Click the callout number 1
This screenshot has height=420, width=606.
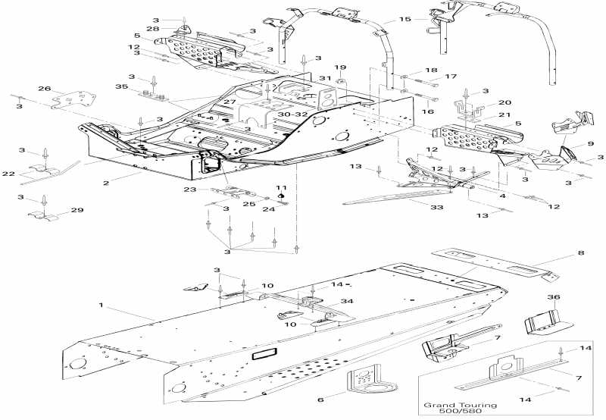tap(100, 305)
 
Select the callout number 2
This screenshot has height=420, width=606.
tap(106, 183)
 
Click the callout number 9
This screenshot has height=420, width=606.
tap(590, 145)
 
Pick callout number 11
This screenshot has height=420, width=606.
tap(281, 187)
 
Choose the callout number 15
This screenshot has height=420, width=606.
tap(405, 19)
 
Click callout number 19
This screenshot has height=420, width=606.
tap(340, 67)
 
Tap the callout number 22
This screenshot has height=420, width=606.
tap(8, 174)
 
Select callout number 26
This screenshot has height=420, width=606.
tap(44, 89)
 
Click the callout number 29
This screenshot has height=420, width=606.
tap(77, 210)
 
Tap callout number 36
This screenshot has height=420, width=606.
tap(554, 297)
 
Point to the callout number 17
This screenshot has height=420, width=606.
tap(451, 77)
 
